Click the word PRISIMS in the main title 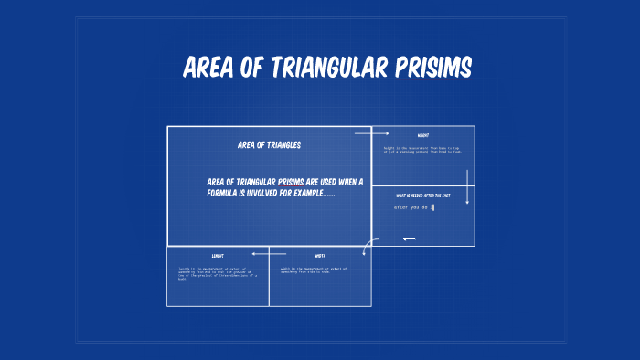coord(433,68)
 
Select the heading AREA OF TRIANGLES coord(269,144)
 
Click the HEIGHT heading coord(423,135)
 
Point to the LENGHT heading coord(218,256)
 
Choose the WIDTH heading coord(320,256)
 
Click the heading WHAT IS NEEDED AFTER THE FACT coord(423,196)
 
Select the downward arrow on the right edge coord(467,186)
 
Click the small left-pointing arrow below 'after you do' coord(409,239)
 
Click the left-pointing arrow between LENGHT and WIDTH coord(269,253)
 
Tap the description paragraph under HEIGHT coord(422,149)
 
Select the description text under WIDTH coord(320,270)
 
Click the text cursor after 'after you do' coord(433,207)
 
